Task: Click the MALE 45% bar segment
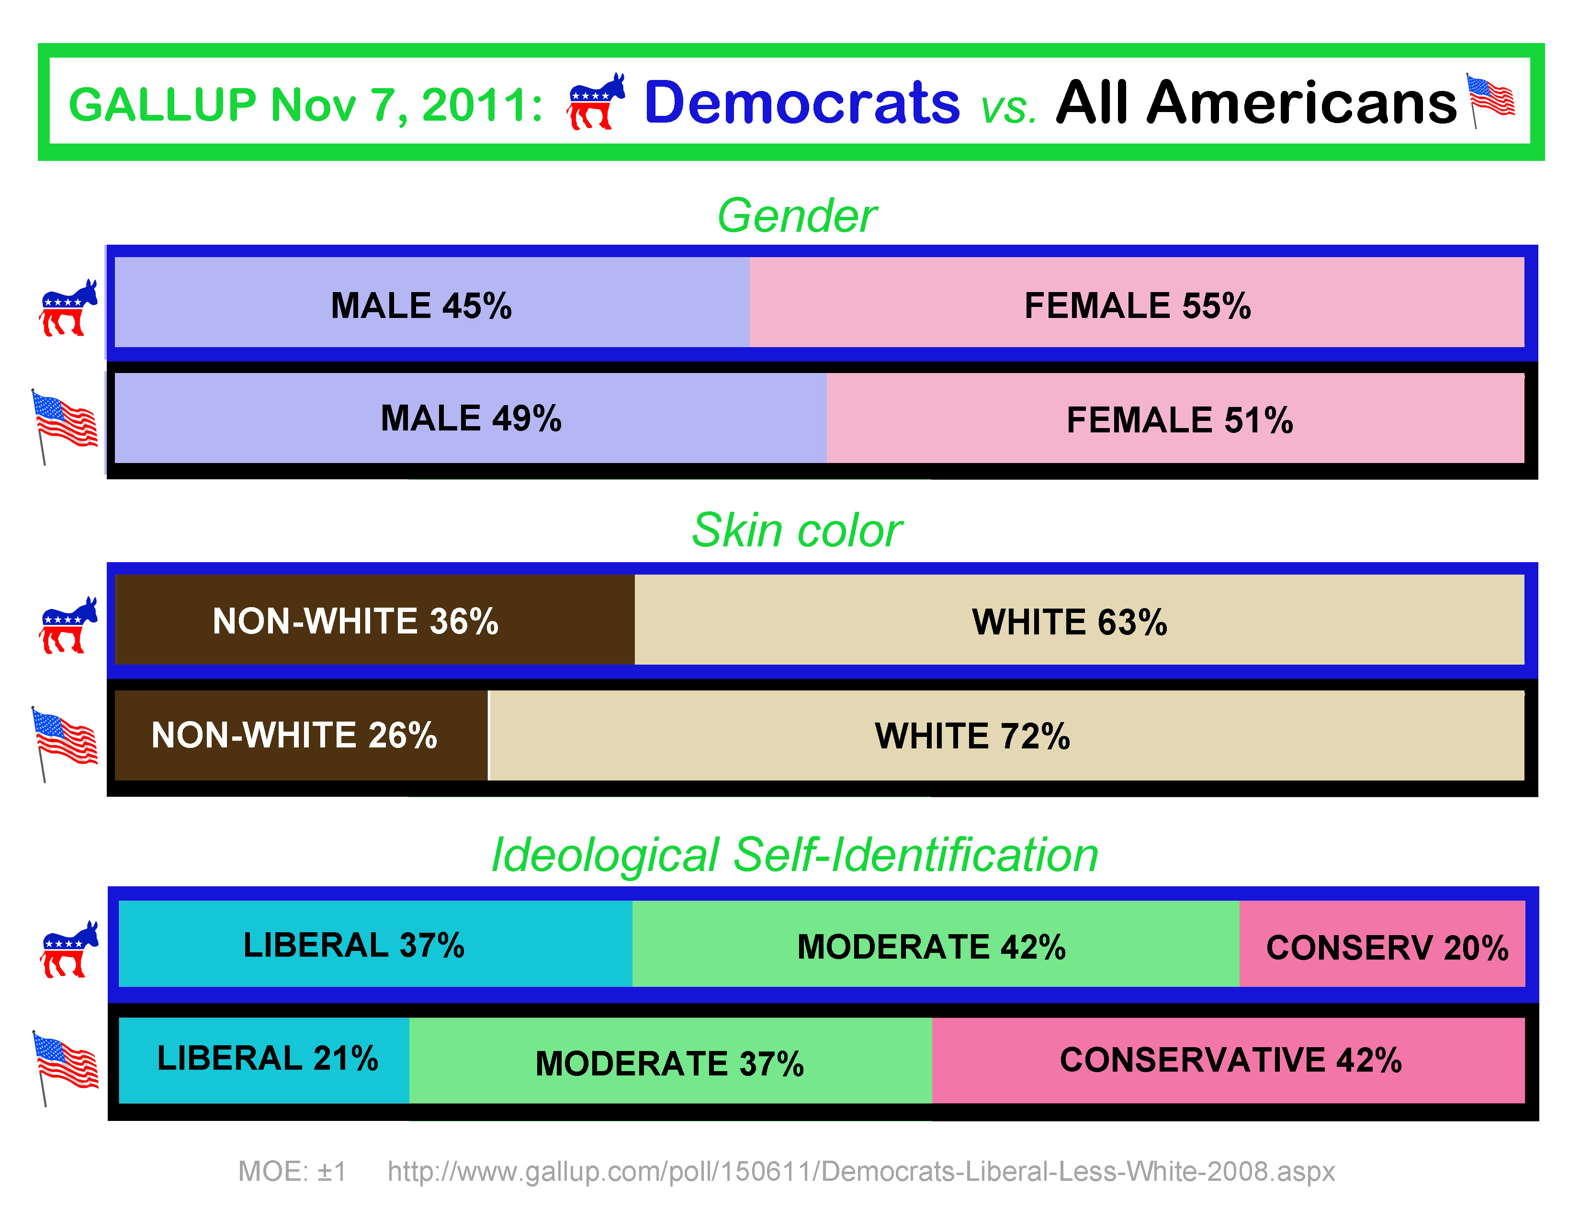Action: (x=432, y=302)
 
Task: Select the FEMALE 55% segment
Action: (x=1137, y=302)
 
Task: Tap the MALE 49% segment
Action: (x=470, y=418)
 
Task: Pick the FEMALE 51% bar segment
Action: (x=1175, y=418)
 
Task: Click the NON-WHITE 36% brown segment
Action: (x=374, y=620)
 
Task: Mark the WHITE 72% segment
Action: (x=1005, y=735)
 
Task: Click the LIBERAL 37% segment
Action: (x=375, y=944)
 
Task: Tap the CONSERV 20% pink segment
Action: (x=1382, y=944)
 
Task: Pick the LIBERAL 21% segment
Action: (x=264, y=1060)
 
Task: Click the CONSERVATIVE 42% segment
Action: (x=1228, y=1060)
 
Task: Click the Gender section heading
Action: (x=797, y=215)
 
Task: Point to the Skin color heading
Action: (x=797, y=530)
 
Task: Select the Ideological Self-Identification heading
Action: (x=794, y=854)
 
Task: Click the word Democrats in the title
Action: (x=801, y=103)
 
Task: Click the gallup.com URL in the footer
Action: (x=861, y=1171)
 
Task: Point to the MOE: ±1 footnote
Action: (x=292, y=1171)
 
